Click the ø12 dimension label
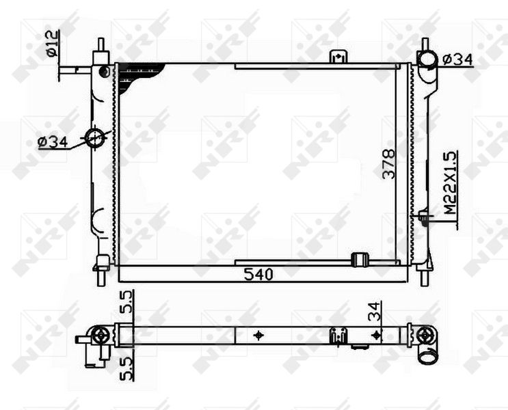coord(53,44)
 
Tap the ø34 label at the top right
coord(457,60)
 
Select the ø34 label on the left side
coord(53,142)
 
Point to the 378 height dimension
coord(389,163)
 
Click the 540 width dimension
coord(258,275)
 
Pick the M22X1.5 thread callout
coord(451,182)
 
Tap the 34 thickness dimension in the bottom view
coord(375,311)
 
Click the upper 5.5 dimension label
coord(126,302)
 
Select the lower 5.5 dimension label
coord(126,368)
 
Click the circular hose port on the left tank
coord(94,138)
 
